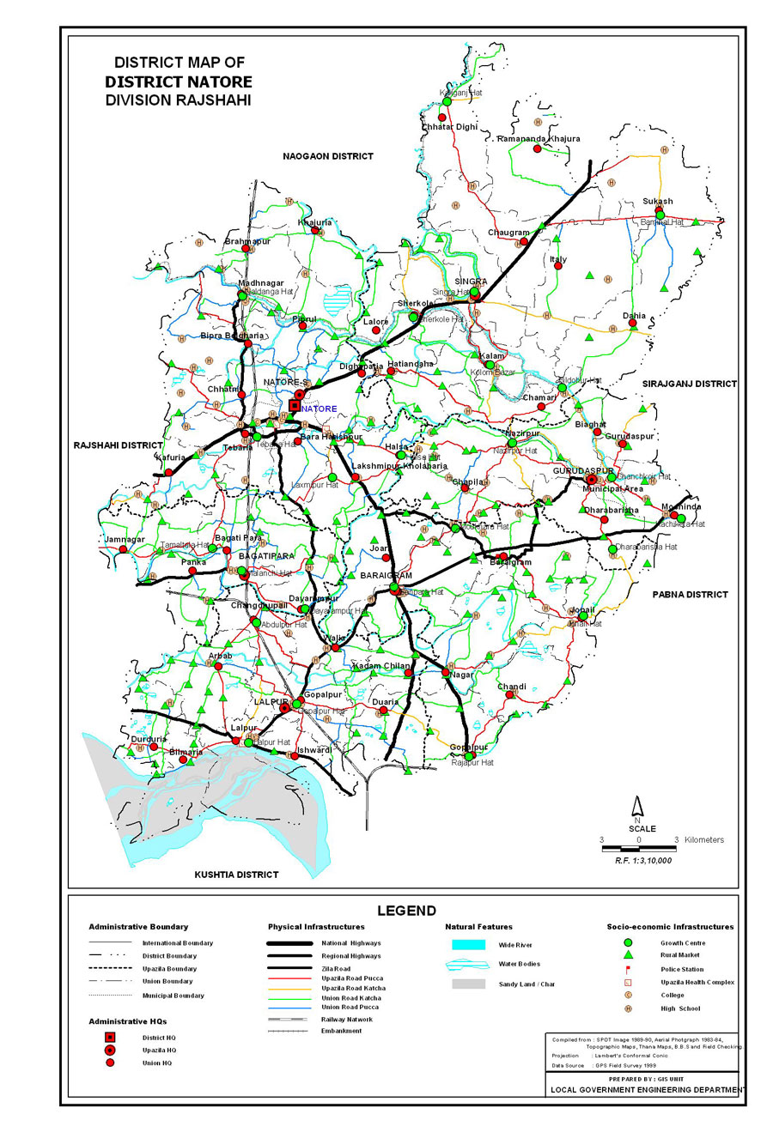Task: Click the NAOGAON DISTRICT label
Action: coord(329,156)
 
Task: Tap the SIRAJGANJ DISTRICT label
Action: coord(690,384)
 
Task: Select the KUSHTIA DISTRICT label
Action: coord(236,875)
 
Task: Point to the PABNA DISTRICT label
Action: coord(690,594)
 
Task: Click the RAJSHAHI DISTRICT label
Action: coord(118,445)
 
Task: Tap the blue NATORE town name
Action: coord(319,409)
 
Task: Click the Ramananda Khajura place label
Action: coord(539,138)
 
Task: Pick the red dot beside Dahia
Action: coord(633,324)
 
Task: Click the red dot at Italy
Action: coord(558,266)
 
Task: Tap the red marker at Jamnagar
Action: coord(123,548)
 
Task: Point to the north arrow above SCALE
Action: coord(638,807)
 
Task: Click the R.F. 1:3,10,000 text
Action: coord(642,859)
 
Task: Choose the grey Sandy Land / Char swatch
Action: coord(469,983)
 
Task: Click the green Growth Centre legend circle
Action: coord(628,942)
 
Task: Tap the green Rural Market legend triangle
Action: coord(628,955)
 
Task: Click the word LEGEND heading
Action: coord(406,911)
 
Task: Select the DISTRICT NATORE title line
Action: coord(179,82)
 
